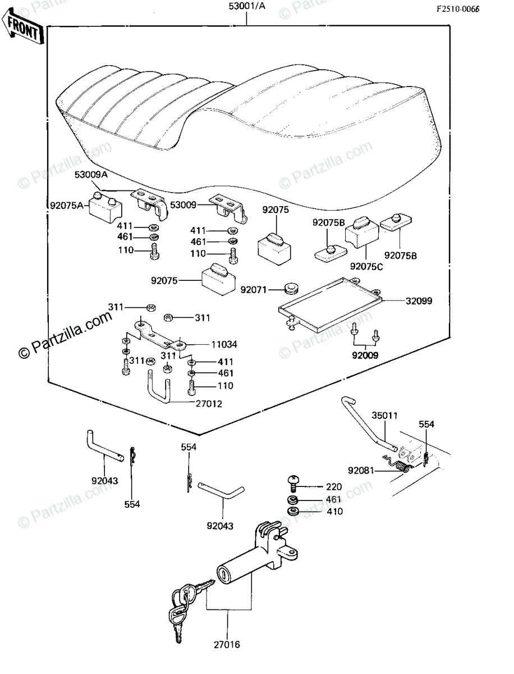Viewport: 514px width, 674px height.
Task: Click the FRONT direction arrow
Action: [x=23, y=29]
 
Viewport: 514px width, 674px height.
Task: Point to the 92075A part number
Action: [x=66, y=205]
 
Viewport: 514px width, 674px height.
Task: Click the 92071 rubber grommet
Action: [x=290, y=290]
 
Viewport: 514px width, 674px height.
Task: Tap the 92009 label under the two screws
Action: [x=366, y=355]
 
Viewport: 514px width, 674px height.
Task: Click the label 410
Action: [x=336, y=512]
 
